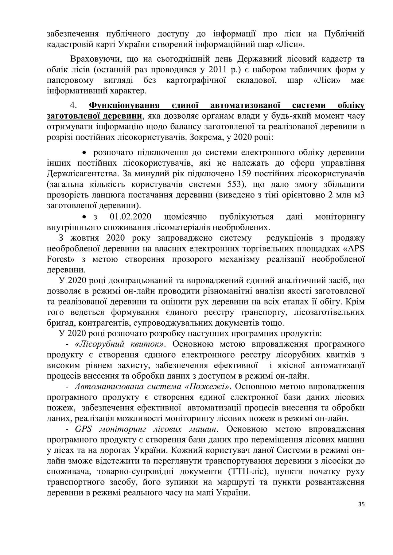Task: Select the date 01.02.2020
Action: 130,217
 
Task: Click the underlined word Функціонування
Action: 124,105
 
